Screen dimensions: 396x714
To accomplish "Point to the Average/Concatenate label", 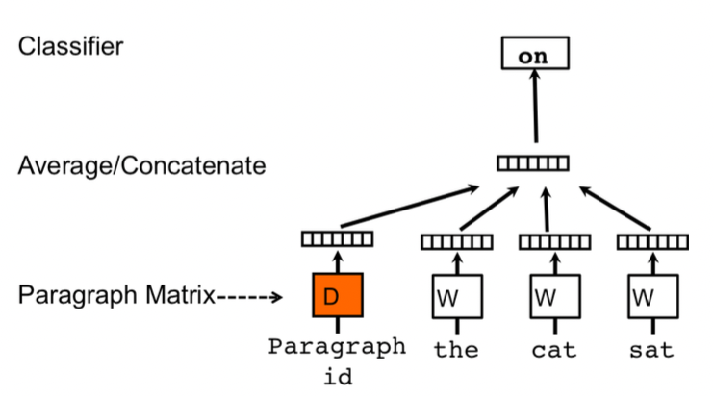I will click(x=141, y=166).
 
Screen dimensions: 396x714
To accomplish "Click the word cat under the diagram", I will click(x=553, y=349).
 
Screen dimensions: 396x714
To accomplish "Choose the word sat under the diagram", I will click(x=650, y=349).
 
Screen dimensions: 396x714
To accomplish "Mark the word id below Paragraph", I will click(x=336, y=376).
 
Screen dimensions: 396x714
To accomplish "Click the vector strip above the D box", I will click(x=336, y=238).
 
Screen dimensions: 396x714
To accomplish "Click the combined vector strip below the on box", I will click(x=532, y=163).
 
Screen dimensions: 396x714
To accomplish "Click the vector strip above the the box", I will click(x=455, y=241).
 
